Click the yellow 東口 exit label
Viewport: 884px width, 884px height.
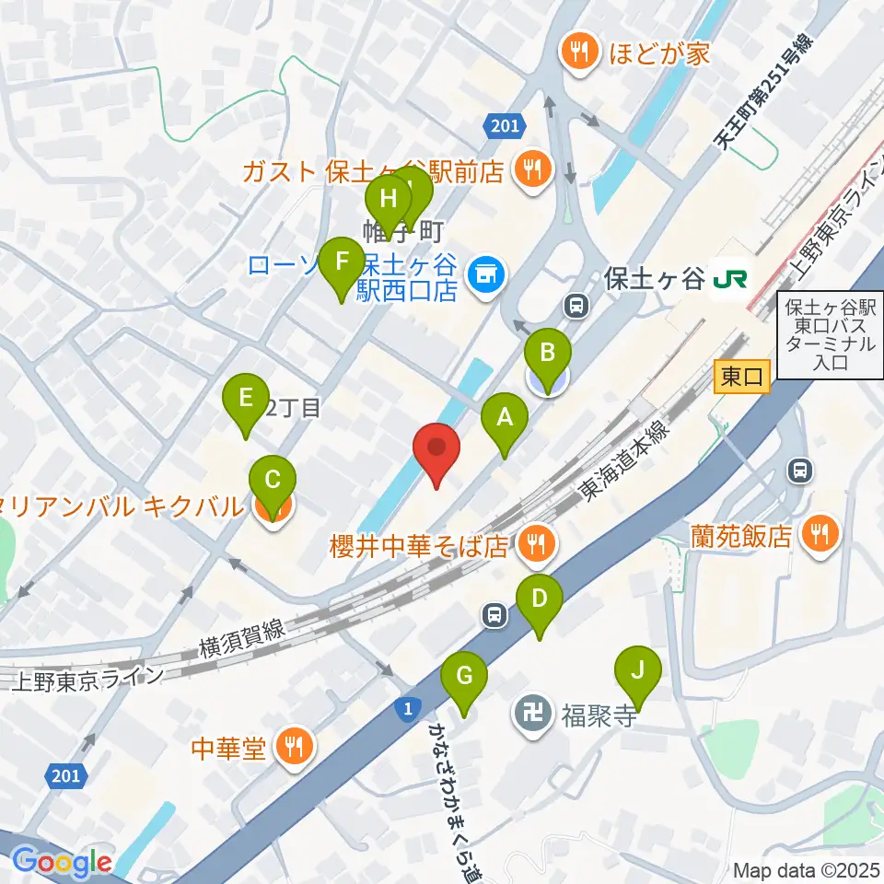pos(741,377)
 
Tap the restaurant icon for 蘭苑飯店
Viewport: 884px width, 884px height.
pos(815,534)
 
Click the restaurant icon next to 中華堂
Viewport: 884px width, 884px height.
pos(294,745)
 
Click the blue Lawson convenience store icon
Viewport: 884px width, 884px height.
pos(482,273)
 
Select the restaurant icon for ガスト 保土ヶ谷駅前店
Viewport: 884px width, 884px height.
pos(532,170)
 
